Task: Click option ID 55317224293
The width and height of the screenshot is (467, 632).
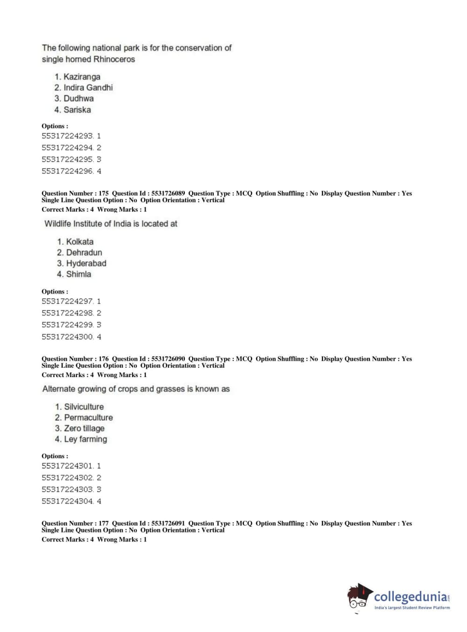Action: click(x=67, y=136)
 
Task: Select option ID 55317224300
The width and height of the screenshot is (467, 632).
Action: click(x=67, y=337)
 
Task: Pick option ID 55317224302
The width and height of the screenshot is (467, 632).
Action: click(x=67, y=478)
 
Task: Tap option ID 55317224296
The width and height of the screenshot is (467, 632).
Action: click(x=67, y=172)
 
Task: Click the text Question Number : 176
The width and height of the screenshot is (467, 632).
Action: click(x=75, y=359)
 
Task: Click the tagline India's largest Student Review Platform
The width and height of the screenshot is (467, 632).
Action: click(x=412, y=608)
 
